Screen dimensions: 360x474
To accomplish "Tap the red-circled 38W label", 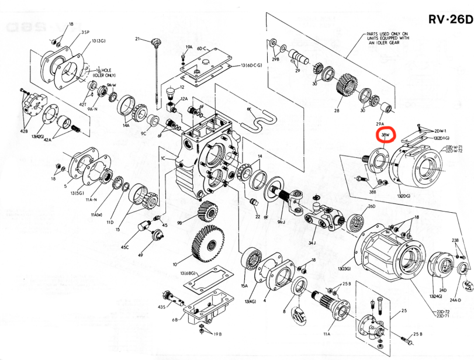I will [385, 135].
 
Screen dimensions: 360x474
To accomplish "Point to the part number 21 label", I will [138, 39].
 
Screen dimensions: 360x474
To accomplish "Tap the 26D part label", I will [371, 207].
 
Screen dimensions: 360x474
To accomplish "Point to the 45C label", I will [124, 247].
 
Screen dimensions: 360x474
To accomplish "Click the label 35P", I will [85, 32].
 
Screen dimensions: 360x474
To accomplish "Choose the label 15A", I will [244, 286].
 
